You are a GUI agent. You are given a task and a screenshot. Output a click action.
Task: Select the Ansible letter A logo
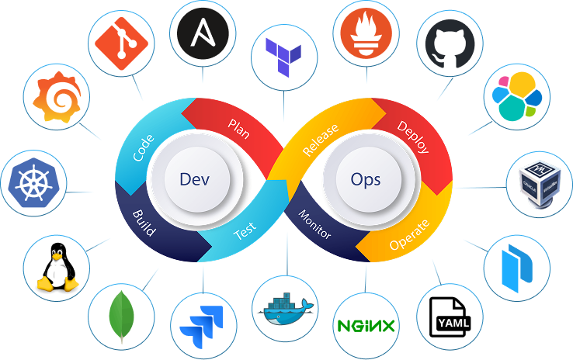[202, 33]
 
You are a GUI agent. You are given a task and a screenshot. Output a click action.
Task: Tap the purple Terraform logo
[284, 55]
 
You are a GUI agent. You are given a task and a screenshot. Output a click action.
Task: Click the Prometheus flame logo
[365, 33]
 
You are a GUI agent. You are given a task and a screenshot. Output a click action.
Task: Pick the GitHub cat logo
[450, 43]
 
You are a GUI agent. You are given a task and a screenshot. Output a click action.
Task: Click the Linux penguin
[56, 266]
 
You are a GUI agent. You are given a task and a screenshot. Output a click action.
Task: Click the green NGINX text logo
[366, 325]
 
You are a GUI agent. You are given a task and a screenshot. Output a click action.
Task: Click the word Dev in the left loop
[195, 179]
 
